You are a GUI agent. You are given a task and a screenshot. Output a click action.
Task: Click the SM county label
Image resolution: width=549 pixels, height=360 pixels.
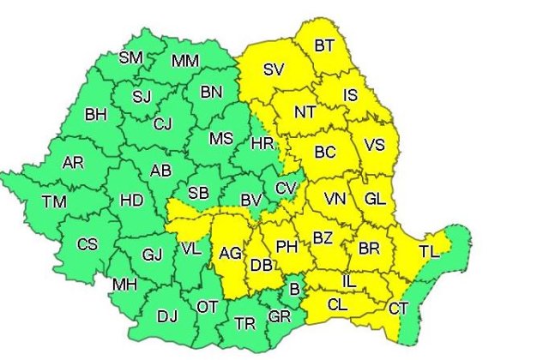(130, 58)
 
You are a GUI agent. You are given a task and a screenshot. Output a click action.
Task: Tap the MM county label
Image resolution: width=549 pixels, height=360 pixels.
(185, 61)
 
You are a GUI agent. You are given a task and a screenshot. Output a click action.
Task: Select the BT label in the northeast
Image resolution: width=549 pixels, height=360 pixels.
(325, 45)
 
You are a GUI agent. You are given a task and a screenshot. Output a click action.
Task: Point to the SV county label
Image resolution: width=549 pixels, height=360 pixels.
(274, 70)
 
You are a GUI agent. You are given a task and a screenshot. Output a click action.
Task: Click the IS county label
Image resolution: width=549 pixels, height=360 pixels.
(351, 94)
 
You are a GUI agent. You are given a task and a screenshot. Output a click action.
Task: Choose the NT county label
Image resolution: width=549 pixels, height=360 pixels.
(305, 111)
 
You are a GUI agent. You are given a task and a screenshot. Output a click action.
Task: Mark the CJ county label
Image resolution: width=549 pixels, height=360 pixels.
(163, 123)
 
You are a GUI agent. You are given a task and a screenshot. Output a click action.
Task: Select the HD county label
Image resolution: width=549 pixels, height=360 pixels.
(131, 201)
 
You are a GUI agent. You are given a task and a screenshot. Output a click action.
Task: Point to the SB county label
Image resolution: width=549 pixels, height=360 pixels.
(198, 192)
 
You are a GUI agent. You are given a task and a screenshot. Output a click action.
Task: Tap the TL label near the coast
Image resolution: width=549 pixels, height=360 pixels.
(429, 252)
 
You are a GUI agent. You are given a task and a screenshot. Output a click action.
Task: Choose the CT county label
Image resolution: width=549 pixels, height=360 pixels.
(398, 308)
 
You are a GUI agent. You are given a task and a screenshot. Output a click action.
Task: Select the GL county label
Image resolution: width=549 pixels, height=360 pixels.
(374, 199)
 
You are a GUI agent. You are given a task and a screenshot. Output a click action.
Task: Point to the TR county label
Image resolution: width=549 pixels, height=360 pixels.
(246, 325)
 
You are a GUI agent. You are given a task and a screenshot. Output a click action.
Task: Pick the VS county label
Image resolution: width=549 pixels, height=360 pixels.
(375, 145)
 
